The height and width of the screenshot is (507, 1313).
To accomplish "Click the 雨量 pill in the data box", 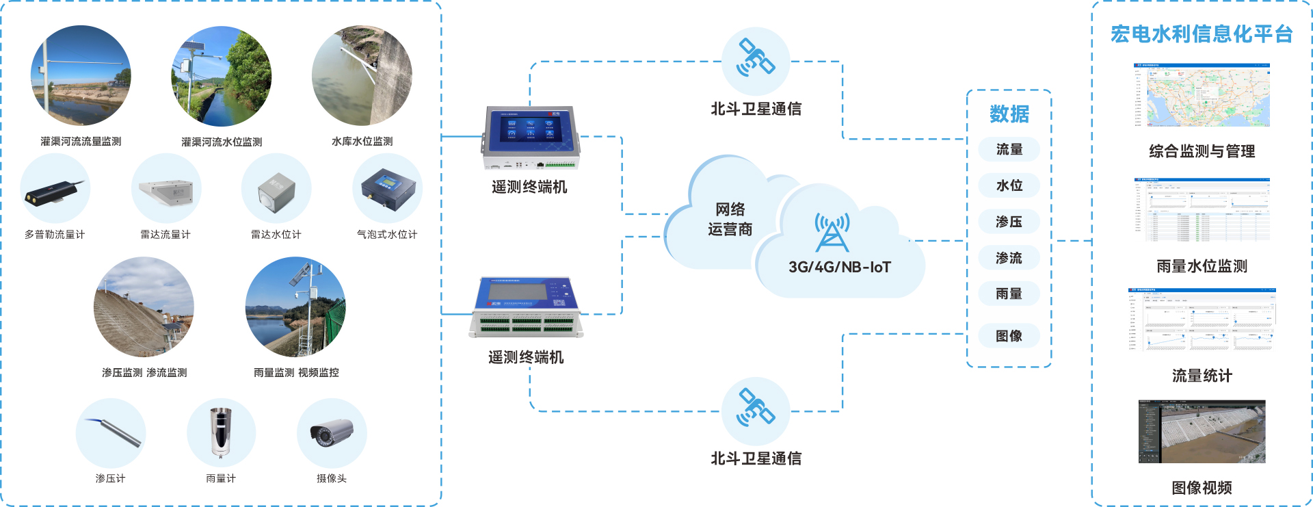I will click(x=1009, y=294).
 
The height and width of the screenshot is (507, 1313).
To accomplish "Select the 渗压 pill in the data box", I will click(x=1009, y=222).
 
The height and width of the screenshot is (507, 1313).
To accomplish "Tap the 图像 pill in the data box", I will click(x=1009, y=336).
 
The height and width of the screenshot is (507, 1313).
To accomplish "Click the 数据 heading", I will click(x=1009, y=114).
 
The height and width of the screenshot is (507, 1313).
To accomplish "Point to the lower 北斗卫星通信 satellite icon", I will click(x=756, y=408).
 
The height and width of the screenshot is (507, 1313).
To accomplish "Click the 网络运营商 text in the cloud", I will click(x=730, y=219).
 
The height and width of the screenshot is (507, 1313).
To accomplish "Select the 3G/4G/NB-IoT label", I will click(x=840, y=267).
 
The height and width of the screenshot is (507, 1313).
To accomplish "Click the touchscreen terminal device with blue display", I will click(x=531, y=137).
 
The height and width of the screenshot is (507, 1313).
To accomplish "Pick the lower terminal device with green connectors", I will click(x=526, y=308).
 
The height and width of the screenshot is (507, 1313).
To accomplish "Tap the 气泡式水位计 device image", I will click(x=388, y=190).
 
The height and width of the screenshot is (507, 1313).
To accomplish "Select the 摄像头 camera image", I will click(x=332, y=433).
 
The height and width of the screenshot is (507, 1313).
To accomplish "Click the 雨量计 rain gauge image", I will click(x=221, y=432).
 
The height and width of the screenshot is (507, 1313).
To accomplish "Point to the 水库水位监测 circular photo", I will click(x=362, y=76).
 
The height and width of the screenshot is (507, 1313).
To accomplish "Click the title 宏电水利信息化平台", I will click(x=1202, y=34).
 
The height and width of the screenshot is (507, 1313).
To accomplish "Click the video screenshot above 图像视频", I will click(x=1202, y=432).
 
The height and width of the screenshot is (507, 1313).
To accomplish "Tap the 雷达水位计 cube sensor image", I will click(x=276, y=192).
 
